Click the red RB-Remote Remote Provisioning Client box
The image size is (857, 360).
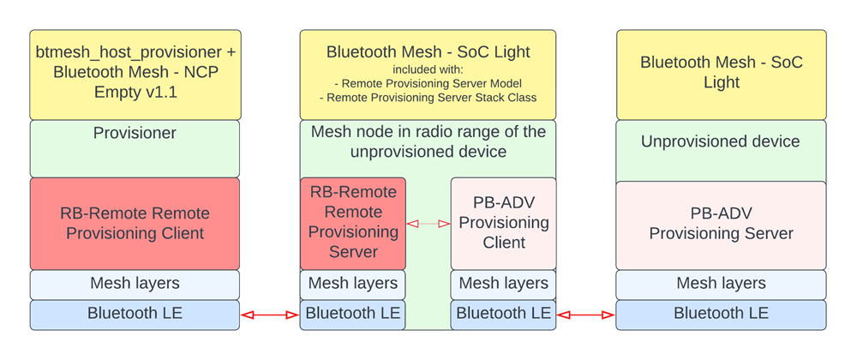[135, 224]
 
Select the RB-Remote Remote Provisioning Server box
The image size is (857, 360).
[353, 222]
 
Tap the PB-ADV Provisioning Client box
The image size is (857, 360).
[503, 222]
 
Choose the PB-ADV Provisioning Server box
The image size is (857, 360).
[721, 224]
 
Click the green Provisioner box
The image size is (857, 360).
[135, 148]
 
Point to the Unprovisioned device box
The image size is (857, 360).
[721, 150]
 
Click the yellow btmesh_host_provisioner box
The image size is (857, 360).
[135, 74]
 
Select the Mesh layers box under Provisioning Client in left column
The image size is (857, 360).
[135, 284]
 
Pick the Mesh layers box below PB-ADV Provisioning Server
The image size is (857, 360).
[721, 284]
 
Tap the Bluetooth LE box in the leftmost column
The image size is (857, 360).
[135, 314]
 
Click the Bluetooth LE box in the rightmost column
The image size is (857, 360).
[721, 314]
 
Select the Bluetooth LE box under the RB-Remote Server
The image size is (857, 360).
[353, 314]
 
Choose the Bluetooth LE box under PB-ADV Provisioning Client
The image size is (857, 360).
[503, 314]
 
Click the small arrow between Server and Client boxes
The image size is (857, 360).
[428, 224]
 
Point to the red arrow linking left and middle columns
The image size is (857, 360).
[269, 315]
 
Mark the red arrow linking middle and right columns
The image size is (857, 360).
[585, 315]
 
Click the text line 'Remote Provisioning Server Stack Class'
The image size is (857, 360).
[428, 98]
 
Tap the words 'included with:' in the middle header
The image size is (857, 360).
[428, 69]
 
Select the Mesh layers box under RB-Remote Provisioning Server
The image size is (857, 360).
[353, 284]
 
